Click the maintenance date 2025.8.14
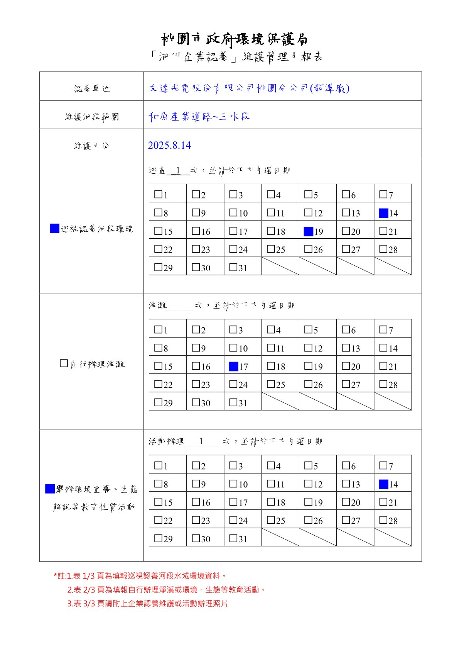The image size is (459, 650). point(169,145)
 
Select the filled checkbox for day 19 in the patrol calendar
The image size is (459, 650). point(308,231)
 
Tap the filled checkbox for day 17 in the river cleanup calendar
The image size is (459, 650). point(233,366)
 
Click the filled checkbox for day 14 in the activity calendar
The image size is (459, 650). point(383,484)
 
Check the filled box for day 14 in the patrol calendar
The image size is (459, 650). point(383,213)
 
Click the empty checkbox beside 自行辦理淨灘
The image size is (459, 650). point(64,363)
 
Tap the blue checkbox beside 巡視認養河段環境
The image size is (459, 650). point(54,228)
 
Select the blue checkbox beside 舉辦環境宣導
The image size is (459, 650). point(50,489)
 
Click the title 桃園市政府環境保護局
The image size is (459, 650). point(234,39)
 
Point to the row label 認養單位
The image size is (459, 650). point(92,88)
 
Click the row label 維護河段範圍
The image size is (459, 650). point(92,116)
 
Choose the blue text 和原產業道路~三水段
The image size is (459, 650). point(199,116)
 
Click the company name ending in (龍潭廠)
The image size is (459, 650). point(249,88)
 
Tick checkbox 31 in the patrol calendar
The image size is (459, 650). point(233,267)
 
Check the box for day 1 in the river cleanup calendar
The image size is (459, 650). point(158,329)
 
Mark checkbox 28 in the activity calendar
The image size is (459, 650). point(383,520)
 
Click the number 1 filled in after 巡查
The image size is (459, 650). point(178,170)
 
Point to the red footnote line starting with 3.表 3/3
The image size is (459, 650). point(147,603)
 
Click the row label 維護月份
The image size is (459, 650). point(92,146)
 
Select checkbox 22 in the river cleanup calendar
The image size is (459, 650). point(158,384)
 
